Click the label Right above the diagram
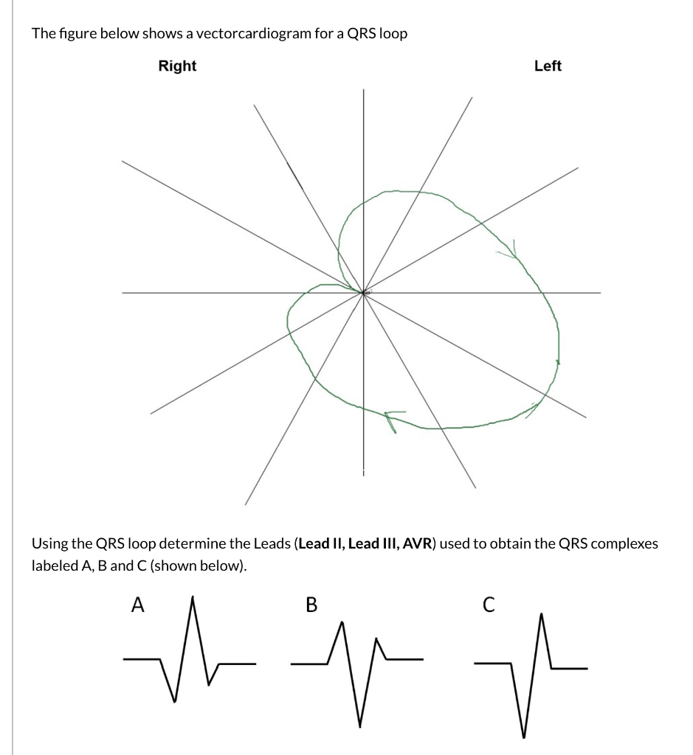pos(177,66)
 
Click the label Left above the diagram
pos(548,66)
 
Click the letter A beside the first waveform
pos(137,605)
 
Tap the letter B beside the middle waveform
pos(311,605)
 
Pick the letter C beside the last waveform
pos(486,605)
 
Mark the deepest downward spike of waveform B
pos(361,726)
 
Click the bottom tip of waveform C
pos(524,736)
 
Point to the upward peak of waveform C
pos(542,614)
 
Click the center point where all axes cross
pos(362,293)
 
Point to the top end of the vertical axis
pos(362,91)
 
